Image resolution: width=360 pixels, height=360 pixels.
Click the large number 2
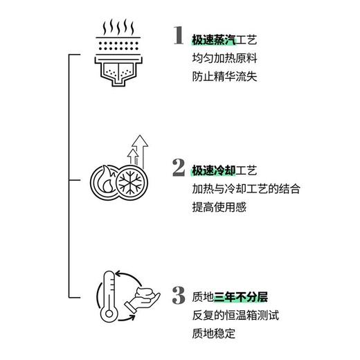179,168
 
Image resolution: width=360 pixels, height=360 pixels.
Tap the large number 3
179,297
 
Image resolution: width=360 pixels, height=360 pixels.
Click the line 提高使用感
217,208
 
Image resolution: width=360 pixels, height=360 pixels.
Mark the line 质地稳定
212,337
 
